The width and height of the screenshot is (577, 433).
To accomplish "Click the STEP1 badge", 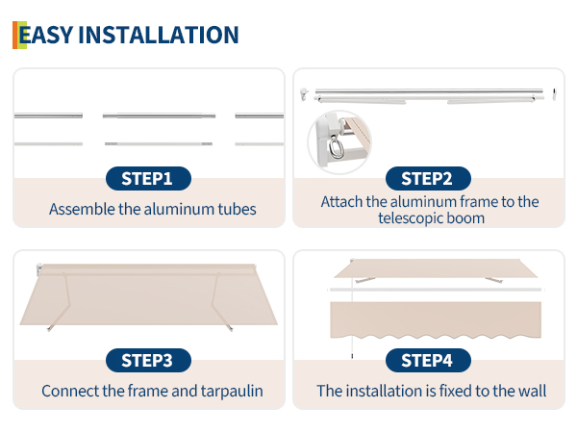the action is point(148,179).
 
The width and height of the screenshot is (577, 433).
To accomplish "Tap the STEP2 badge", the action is point(428,179).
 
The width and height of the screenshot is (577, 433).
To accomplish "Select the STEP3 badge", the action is point(148,361).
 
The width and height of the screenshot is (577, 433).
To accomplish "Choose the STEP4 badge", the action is point(428,361).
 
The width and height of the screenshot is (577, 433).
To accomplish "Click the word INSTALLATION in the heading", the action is point(159,35).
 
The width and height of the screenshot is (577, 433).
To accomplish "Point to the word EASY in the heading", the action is point(45,35).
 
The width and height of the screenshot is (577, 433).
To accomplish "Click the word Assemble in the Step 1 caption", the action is point(82,209).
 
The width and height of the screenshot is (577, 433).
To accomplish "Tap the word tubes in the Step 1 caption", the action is point(237,209).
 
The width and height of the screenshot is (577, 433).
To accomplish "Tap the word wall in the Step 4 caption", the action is point(533,391).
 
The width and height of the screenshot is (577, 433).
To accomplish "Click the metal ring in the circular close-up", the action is point(336,147).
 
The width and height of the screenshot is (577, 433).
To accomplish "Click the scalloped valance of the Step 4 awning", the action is point(436,319).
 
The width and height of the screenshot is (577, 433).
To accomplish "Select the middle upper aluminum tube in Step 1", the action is point(159,116).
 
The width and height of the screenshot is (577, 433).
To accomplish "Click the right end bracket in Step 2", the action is point(555,94).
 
